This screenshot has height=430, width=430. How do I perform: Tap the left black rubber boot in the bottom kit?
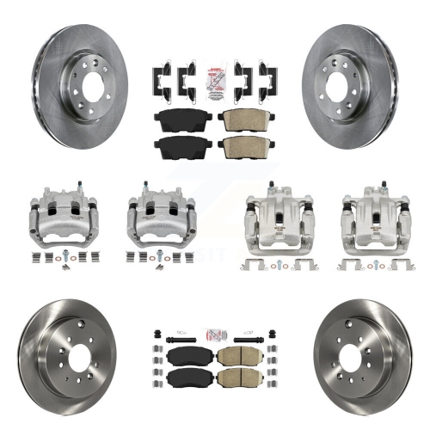point(156,332)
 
